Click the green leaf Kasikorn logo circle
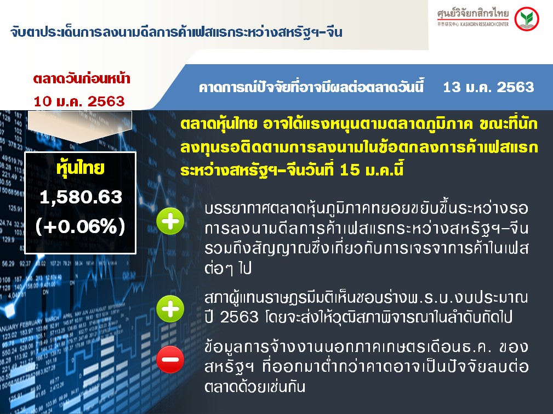(527, 19)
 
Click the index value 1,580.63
(81, 197)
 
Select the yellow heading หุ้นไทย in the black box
(81, 168)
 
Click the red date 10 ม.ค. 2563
(79, 101)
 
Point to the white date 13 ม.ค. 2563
(488, 87)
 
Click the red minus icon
(170, 360)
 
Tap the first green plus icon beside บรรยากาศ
(170, 222)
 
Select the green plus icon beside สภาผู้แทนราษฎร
(170, 309)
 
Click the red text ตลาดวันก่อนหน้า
(82, 78)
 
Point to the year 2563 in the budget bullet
(240, 317)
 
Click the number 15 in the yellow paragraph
(350, 170)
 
